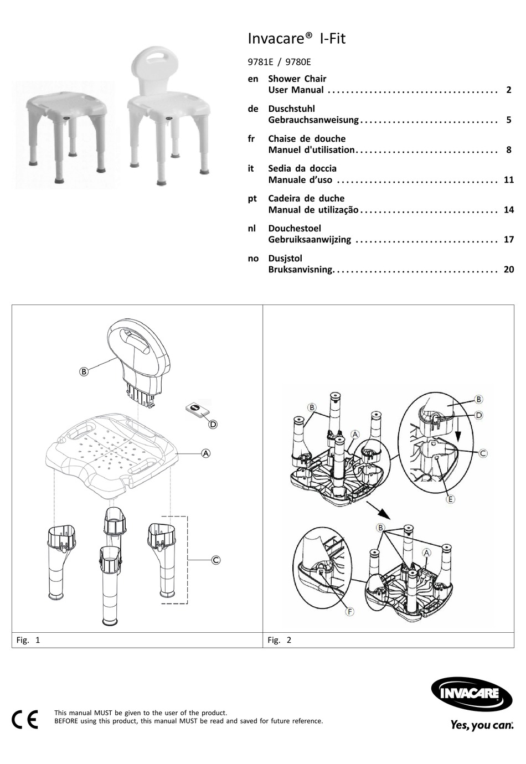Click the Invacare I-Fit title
click(297, 39)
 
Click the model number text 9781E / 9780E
click(280, 63)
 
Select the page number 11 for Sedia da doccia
click(508, 180)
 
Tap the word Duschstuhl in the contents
click(291, 109)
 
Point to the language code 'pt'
click(252, 199)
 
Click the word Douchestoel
click(295, 229)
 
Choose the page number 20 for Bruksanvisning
click(508, 270)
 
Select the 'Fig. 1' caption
click(28, 641)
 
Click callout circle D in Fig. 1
click(213, 425)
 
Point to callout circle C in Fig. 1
click(215, 560)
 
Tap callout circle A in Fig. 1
click(206, 453)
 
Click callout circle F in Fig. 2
click(349, 611)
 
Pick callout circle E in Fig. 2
click(450, 499)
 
